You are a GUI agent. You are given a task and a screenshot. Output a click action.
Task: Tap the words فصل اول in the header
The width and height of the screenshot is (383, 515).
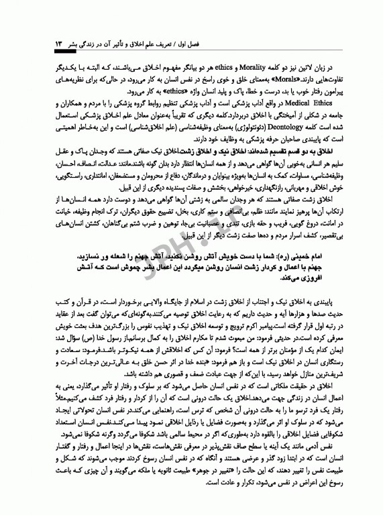point(314,43)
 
